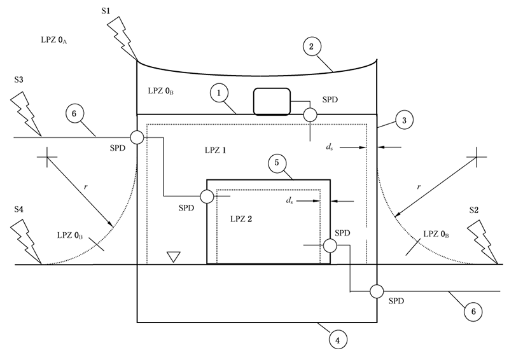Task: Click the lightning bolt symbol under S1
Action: tap(123, 36)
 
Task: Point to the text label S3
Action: tap(20, 81)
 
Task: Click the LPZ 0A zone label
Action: tap(54, 40)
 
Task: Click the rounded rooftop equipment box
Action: tap(272, 101)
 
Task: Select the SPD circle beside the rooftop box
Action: tap(310, 114)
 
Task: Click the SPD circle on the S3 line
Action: tap(137, 137)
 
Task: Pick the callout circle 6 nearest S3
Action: tap(74, 114)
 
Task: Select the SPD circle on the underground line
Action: tap(377, 291)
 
